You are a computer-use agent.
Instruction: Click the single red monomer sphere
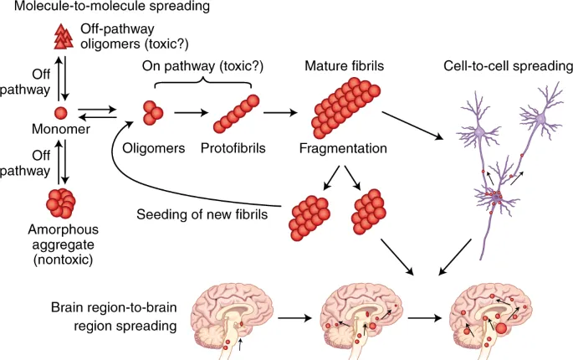[60, 113]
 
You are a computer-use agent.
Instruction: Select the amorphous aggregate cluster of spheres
[60, 202]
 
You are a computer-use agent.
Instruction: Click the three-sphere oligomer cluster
[151, 113]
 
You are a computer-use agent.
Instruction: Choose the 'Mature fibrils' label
[345, 65]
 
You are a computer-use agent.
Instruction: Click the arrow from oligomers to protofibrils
[185, 113]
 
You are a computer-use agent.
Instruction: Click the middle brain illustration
[356, 315]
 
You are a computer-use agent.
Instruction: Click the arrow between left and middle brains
[292, 317]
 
